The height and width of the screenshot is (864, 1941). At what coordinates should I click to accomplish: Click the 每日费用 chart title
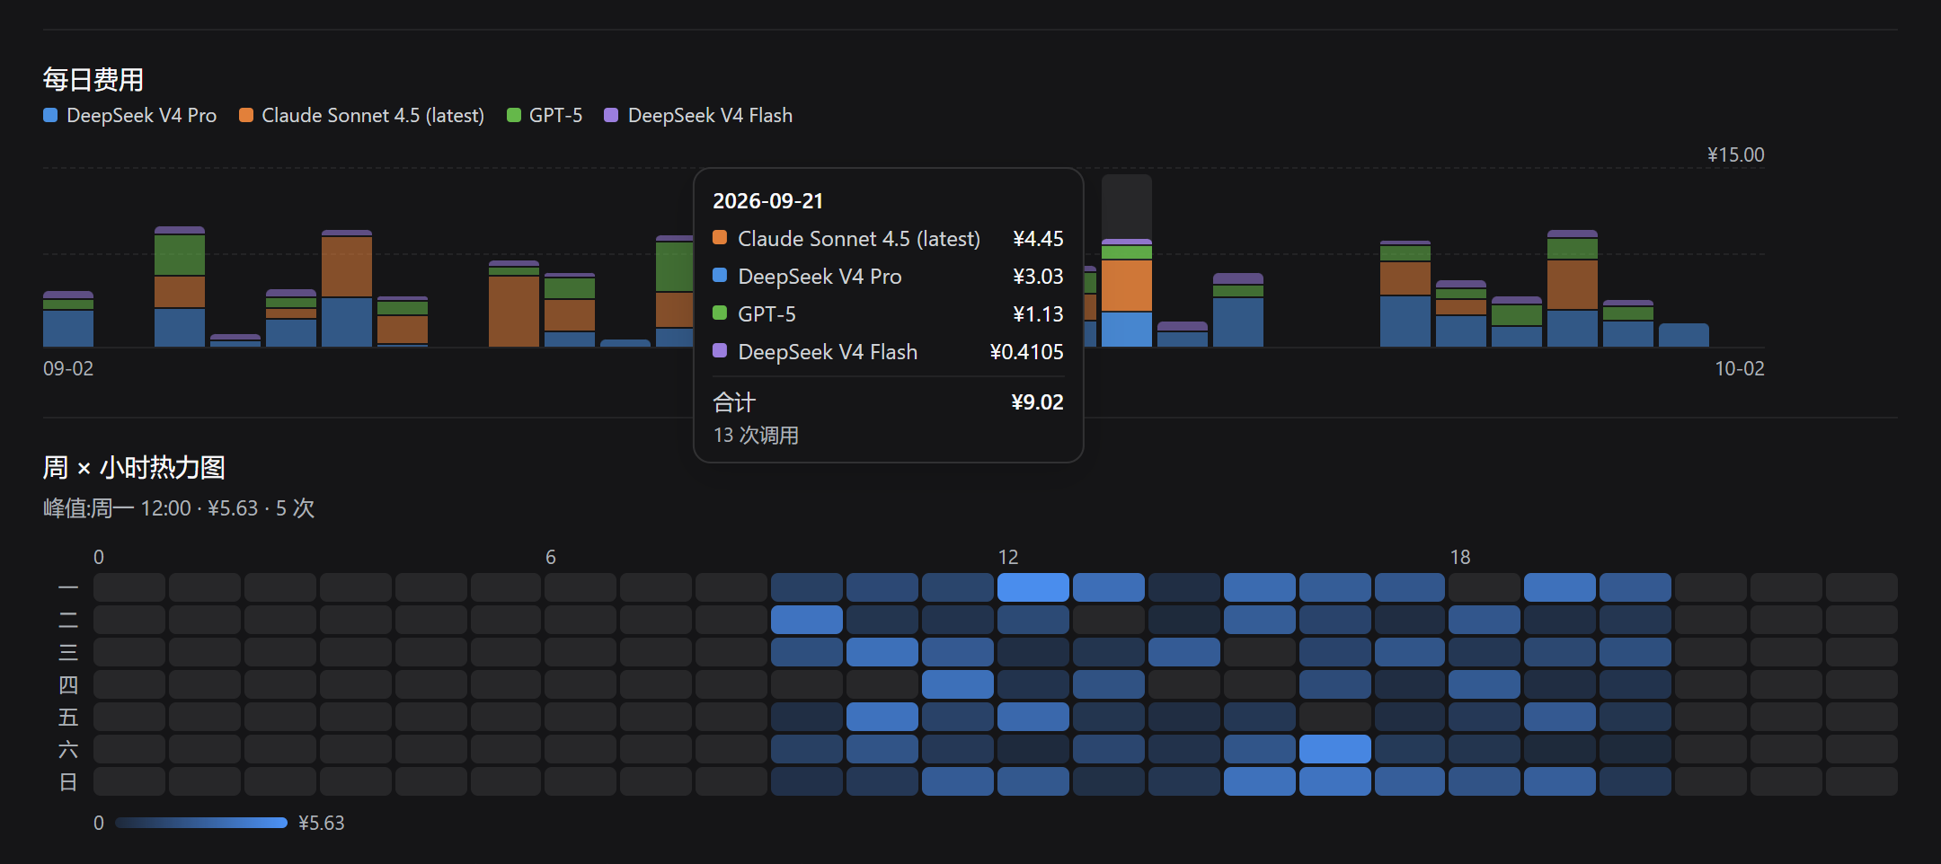pyautogui.click(x=93, y=80)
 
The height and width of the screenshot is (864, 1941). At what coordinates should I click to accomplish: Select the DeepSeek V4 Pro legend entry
pyautogui.click(x=130, y=115)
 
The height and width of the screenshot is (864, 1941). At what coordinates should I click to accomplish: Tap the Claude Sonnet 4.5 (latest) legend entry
pyautogui.click(x=362, y=115)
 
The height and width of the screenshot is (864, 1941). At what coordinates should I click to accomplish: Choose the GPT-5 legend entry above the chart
pyautogui.click(x=545, y=115)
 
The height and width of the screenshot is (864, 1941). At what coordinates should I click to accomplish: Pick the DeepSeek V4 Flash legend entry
pyautogui.click(x=699, y=115)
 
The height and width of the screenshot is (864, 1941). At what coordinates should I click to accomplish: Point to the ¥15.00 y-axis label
pyautogui.click(x=1735, y=154)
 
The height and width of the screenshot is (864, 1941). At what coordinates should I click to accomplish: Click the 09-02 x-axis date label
pyautogui.click(x=68, y=368)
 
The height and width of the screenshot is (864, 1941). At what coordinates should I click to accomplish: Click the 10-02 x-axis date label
pyautogui.click(x=1740, y=368)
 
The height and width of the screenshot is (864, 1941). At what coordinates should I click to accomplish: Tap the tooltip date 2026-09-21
pyautogui.click(x=767, y=201)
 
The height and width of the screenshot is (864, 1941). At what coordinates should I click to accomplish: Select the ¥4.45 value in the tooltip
pyautogui.click(x=1038, y=239)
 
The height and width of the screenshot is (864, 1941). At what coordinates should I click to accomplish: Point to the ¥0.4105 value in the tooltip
pyautogui.click(x=1026, y=352)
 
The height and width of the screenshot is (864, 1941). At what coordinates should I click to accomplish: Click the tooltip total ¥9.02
pyautogui.click(x=1037, y=401)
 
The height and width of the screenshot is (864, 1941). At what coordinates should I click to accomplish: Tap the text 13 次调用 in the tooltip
pyautogui.click(x=756, y=436)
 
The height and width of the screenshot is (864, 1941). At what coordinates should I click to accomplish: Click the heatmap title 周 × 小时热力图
pyautogui.click(x=134, y=468)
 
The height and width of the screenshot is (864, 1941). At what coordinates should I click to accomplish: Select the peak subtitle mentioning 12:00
pyautogui.click(x=179, y=508)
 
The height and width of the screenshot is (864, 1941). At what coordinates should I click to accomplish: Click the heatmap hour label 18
pyautogui.click(x=1460, y=557)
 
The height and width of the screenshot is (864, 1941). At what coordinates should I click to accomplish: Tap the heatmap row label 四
pyautogui.click(x=68, y=685)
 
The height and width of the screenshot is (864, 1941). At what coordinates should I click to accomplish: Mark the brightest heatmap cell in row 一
pyautogui.click(x=1033, y=587)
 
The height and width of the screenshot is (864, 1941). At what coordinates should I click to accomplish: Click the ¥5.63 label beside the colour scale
pyautogui.click(x=322, y=823)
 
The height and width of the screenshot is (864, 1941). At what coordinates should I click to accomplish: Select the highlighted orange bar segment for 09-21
pyautogui.click(x=1127, y=286)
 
